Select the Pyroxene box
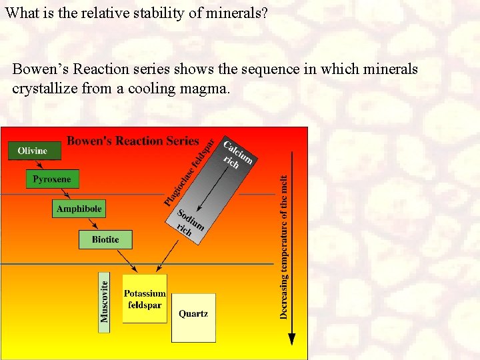click(52, 179)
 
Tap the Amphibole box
click(79, 209)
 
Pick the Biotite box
click(105, 239)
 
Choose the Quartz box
click(193, 317)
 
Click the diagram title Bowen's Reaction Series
click(133, 141)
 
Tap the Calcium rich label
click(236, 155)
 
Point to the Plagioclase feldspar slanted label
click(190, 173)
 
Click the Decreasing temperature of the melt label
click(284, 247)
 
